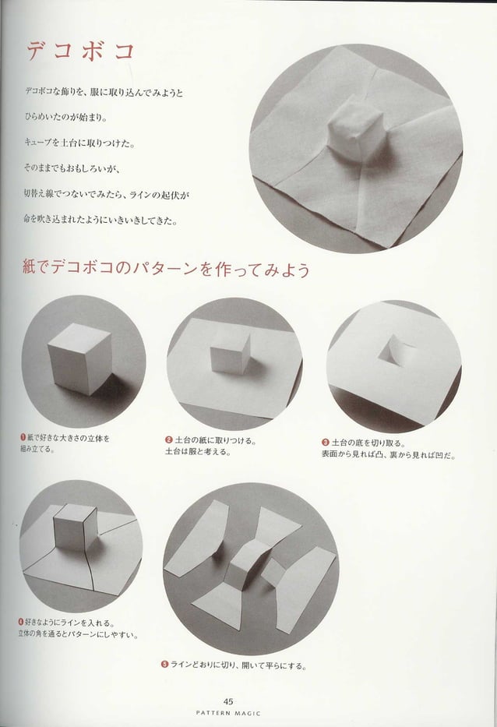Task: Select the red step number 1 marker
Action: (25, 439)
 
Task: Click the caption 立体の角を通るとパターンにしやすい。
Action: (78, 633)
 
